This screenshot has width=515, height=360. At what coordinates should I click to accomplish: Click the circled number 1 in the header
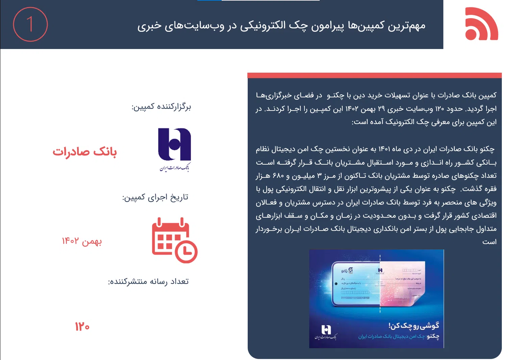pos(30,24)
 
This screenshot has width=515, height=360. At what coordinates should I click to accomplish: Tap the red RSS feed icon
pos(481,24)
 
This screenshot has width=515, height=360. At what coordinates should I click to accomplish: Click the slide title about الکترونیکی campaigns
pos(281,26)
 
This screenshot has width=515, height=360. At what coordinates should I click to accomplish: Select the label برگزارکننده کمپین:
pos(161,107)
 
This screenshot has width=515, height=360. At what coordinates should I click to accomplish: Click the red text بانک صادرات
pos(84,152)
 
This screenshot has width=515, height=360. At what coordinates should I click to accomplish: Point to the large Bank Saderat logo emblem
pos(174,144)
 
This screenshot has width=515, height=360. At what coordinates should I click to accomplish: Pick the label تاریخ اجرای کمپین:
pos(155,197)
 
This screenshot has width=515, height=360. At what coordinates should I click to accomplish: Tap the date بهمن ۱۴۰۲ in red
pos(82,241)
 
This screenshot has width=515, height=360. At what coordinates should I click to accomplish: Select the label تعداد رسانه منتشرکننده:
pos(148,282)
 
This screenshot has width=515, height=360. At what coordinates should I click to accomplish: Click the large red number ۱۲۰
pos(82,327)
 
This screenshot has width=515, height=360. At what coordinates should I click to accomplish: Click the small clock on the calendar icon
pos(186,252)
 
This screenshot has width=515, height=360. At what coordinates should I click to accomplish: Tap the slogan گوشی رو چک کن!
pos(414,326)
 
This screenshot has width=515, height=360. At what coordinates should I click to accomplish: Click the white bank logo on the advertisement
pos(326,329)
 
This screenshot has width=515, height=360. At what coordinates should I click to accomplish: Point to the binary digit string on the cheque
pos(355,298)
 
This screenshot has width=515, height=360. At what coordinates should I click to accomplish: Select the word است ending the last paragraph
pos(489,242)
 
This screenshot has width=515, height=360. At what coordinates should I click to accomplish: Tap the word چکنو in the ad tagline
pos(433,336)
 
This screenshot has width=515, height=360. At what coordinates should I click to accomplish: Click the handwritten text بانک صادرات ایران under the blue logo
pos(174,167)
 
